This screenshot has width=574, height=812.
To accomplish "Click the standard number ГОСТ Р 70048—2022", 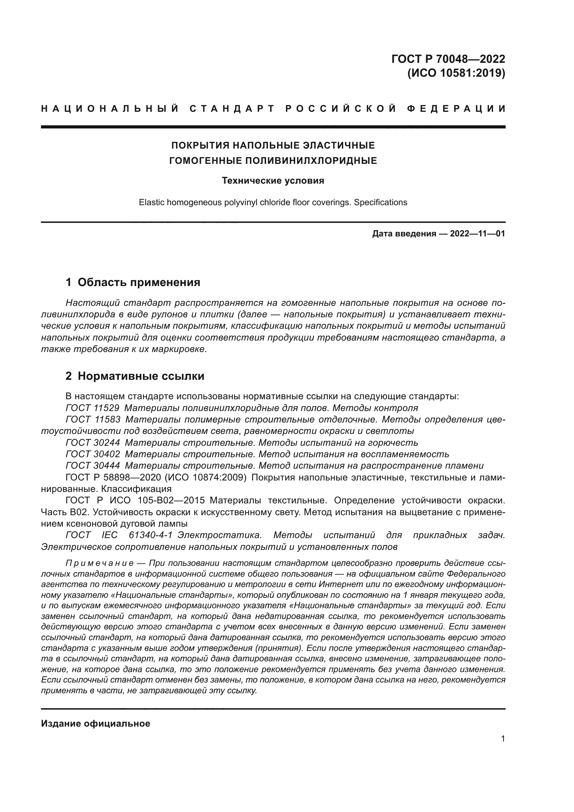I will [x=448, y=59].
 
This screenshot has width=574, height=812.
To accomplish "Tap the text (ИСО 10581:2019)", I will [x=456, y=73].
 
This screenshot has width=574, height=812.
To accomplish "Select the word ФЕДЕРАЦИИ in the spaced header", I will [x=456, y=109].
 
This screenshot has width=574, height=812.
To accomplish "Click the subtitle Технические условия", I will [x=273, y=181].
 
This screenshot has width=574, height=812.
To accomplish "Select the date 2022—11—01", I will [x=478, y=234].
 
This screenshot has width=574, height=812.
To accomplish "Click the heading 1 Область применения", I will [x=133, y=282].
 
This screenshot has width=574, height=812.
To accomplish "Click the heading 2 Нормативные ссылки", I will [x=135, y=376].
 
